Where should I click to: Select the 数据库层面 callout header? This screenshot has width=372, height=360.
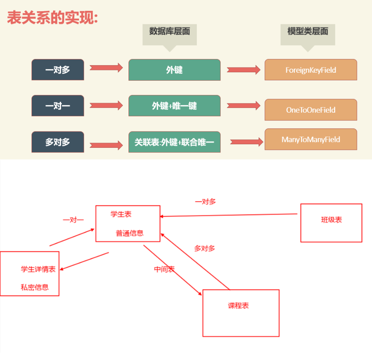click(170, 32)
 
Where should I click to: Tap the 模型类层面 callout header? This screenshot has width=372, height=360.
click(308, 32)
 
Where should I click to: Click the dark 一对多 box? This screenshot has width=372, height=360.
click(58, 70)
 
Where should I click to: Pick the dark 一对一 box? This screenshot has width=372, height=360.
click(58, 106)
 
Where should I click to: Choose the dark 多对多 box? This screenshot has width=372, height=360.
click(58, 142)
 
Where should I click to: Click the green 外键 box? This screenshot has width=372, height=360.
click(174, 70)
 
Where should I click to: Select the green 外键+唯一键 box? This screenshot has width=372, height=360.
click(174, 106)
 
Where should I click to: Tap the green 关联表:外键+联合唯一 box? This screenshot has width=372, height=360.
click(174, 142)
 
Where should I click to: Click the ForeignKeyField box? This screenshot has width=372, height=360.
click(311, 70)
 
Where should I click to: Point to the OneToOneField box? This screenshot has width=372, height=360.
click(311, 110)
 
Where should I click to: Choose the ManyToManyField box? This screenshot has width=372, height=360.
click(311, 139)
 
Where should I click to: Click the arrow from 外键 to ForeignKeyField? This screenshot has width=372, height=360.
click(243, 70)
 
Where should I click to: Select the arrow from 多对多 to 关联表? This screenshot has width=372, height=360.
click(106, 145)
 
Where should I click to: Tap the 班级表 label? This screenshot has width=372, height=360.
click(331, 220)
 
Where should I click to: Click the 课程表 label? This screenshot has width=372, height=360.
click(238, 306)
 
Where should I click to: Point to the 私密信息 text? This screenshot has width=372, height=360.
click(35, 287)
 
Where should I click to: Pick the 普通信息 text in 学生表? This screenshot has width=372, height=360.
click(130, 233)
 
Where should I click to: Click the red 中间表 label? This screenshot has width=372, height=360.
click(164, 269)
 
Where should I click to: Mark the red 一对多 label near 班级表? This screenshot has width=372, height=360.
click(205, 202)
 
